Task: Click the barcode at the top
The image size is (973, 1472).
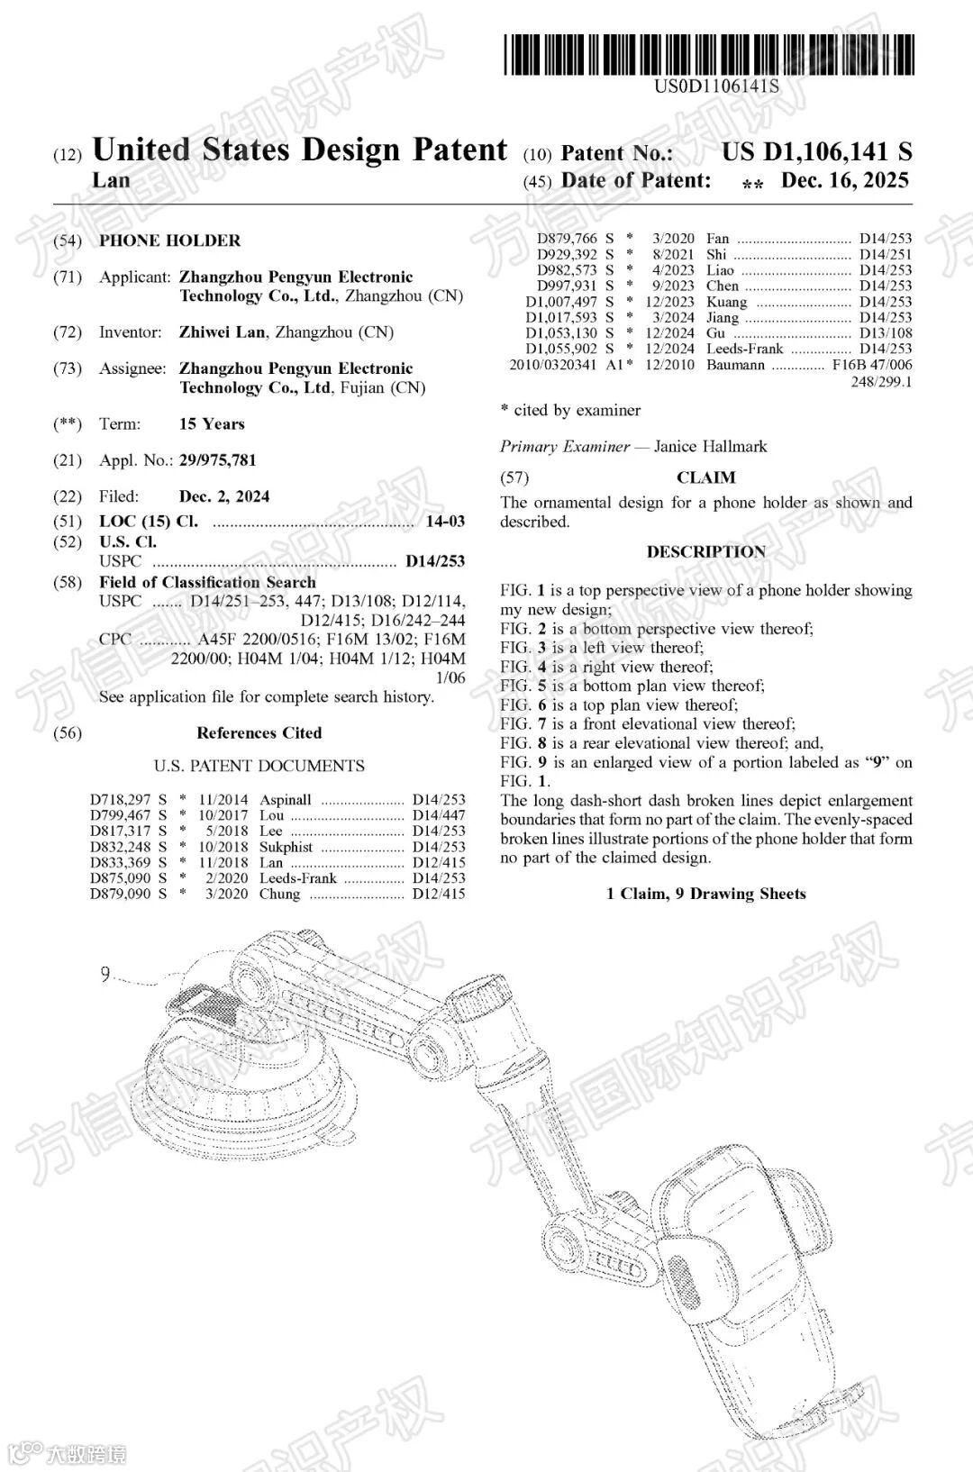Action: pos(708,54)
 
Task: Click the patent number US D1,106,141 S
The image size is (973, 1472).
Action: pos(816,152)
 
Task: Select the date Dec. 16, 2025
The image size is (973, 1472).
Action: pos(844,180)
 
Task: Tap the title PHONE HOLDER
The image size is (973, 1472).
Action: pos(169,241)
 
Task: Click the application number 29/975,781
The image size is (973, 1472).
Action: pos(217,460)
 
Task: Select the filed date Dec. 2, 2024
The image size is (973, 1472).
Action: pos(223,496)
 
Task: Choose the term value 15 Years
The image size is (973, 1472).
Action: pos(212,424)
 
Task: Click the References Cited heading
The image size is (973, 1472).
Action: pos(259,733)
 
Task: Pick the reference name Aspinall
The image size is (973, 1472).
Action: pos(286,800)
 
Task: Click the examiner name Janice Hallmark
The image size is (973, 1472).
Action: pos(711,447)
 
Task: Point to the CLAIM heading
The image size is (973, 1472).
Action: pos(705,477)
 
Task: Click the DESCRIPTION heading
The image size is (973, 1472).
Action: pos(705,552)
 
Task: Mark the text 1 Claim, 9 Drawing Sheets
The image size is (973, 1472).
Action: pos(705,894)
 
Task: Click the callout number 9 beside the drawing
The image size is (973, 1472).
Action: pos(105,974)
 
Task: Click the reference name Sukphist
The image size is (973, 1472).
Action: pos(286,847)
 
